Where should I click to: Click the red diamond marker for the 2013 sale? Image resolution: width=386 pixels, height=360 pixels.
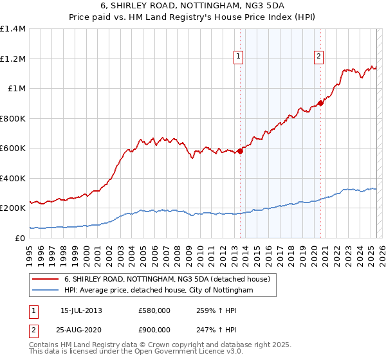click(240, 151)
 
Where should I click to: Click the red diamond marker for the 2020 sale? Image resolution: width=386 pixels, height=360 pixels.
click(320, 104)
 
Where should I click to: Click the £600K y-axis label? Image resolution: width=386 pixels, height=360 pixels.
click(13, 148)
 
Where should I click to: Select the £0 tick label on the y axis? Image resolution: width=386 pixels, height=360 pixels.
click(19, 238)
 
